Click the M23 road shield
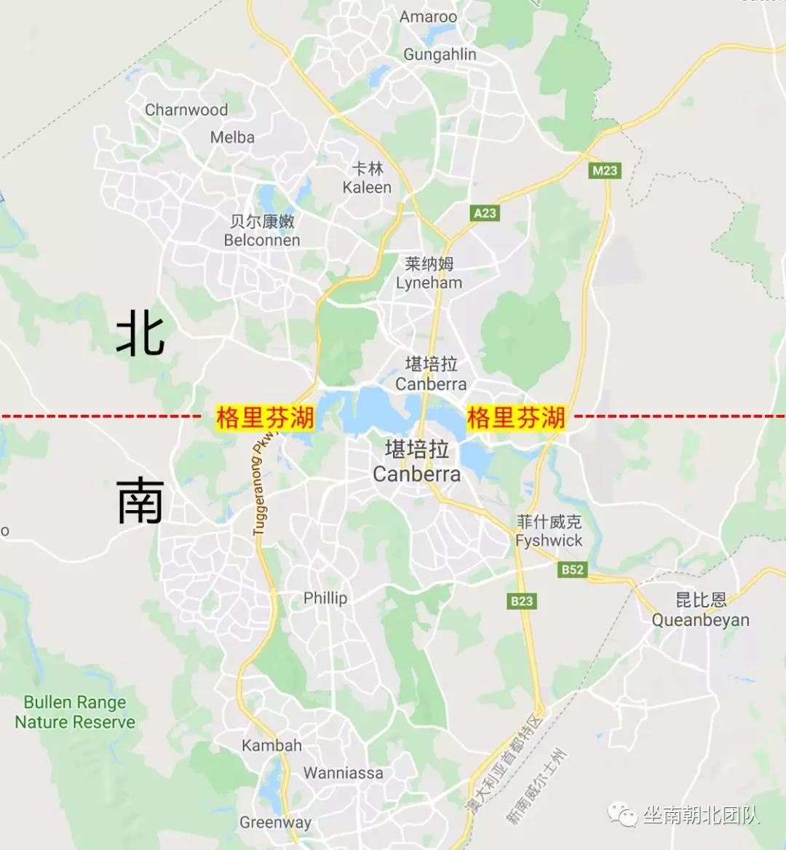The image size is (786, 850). coord(604,170)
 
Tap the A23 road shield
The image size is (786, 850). coord(485,212)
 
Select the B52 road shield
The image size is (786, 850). coord(573,569)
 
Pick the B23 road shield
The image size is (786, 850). coord(521,600)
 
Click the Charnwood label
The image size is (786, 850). coord(186,110)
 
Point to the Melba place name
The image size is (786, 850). coord(232,137)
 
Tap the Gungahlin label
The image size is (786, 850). coord(440,55)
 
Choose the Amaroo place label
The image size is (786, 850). coord(428,17)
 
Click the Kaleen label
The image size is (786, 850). coord(367,187)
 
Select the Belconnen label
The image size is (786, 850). coord(262,239)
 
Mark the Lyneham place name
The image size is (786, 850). coord(429,282)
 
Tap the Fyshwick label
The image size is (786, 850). coord(549,540)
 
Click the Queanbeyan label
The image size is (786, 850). coord(700,620)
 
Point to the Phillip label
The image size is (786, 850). coord(325,597)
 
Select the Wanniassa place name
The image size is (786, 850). coord(343,773)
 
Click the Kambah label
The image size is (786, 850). coord(271,745)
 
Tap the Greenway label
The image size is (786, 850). coord(275,822)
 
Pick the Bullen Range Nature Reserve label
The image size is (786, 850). coord(75,712)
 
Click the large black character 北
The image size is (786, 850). coord(140,333)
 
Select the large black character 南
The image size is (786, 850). coord(140,501)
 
